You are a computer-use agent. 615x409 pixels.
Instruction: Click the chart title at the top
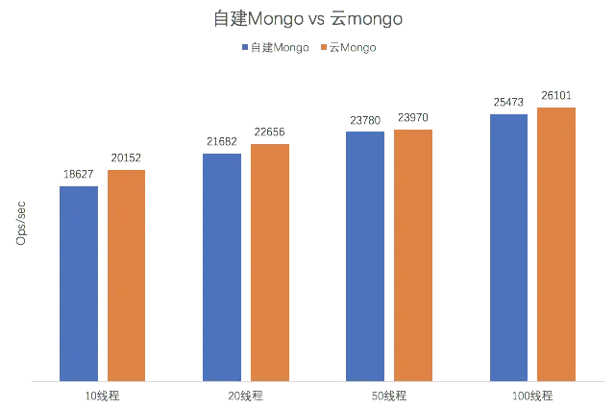coord(307,19)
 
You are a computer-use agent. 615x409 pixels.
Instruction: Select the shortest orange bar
coord(126,274)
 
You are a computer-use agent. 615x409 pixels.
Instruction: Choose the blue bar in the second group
coord(222,265)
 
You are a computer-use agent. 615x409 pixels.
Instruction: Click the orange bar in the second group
coord(269,259)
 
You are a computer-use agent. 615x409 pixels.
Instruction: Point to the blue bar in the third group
coord(365,253)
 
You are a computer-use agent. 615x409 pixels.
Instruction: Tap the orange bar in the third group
coord(413,253)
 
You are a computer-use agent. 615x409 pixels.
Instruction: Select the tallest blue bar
coord(508,244)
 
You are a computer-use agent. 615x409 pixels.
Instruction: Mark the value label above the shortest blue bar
coord(78,175)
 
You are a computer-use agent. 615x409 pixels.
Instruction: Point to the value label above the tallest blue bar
coord(508,101)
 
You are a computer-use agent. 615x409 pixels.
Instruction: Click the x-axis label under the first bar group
coord(103,395)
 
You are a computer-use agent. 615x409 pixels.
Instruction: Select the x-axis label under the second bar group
coord(246,395)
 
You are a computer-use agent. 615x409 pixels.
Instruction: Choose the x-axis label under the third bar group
coord(389,395)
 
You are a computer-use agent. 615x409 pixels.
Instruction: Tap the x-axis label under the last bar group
coord(532,395)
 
